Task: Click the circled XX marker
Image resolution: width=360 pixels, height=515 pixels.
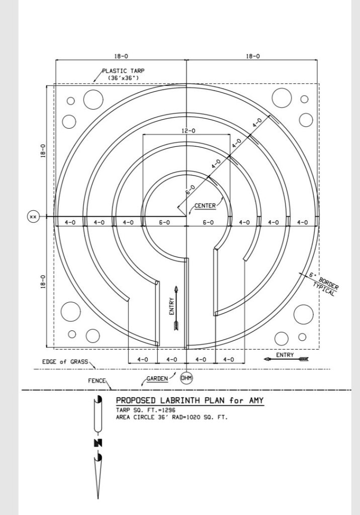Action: point(33,217)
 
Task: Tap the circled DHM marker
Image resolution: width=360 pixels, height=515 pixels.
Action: point(187,378)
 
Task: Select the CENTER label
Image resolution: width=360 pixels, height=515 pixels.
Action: point(205,206)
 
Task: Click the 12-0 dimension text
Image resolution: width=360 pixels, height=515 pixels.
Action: point(188,131)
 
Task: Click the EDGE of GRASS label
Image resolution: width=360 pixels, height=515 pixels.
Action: point(65,362)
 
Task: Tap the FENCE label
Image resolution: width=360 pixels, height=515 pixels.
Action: point(97,381)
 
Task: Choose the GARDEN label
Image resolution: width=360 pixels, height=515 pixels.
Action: point(157,378)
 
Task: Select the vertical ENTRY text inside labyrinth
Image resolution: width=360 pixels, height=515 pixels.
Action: point(171,306)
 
